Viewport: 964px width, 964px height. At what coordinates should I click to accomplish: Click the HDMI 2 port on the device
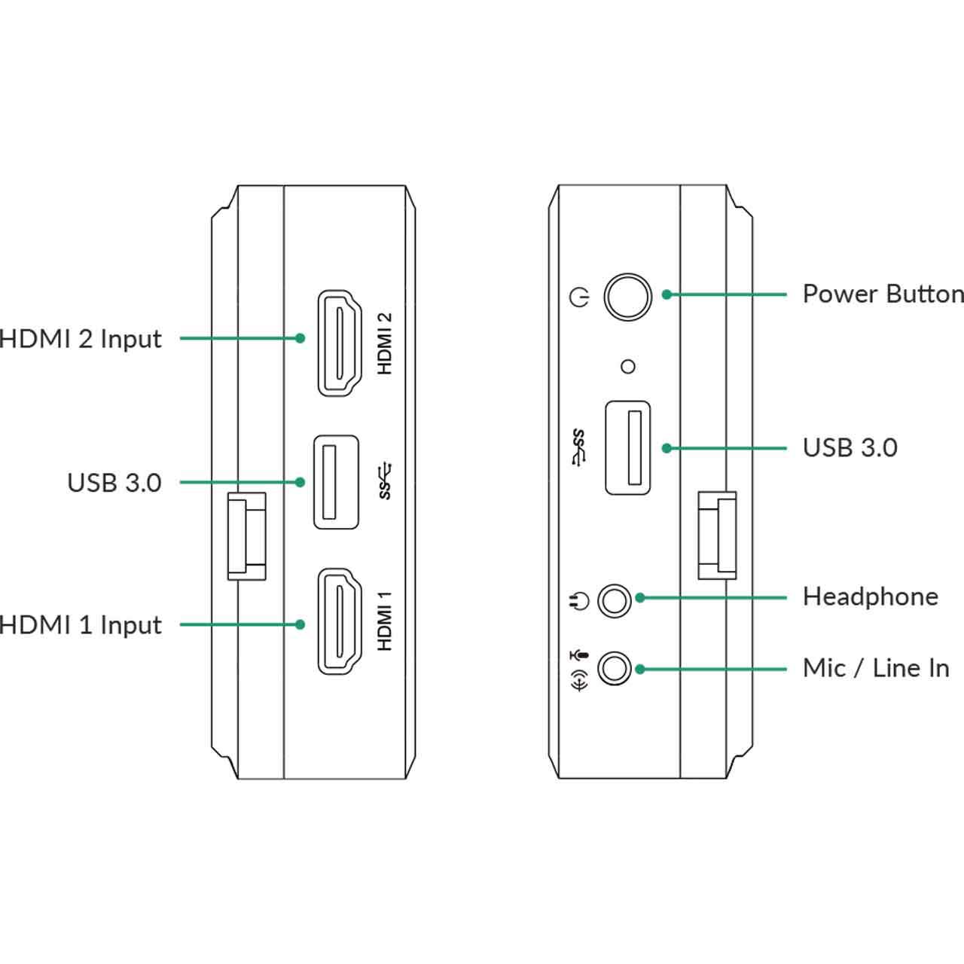[340, 343]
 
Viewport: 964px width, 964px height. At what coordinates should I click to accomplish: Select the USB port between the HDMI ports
[336, 482]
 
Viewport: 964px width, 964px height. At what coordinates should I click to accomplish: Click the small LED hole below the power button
[628, 367]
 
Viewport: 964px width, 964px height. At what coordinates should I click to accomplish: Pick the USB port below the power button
[628, 448]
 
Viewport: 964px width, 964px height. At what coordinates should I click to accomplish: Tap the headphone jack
[615, 600]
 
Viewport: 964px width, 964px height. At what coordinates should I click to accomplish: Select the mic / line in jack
[615, 668]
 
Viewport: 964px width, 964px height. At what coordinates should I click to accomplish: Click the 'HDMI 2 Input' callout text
[80, 340]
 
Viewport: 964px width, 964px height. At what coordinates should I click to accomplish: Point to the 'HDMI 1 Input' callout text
[80, 625]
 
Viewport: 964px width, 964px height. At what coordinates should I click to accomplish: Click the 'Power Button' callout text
[883, 294]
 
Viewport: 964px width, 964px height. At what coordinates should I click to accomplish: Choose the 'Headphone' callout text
[871, 596]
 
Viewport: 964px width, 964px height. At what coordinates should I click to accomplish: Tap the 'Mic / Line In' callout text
[876, 668]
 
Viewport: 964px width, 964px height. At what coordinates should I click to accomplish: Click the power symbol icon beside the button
[579, 297]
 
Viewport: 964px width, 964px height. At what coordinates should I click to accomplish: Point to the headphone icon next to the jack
[579, 601]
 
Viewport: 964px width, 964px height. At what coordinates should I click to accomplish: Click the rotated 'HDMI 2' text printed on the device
[385, 343]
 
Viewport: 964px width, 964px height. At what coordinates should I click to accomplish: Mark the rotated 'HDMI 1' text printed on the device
[385, 621]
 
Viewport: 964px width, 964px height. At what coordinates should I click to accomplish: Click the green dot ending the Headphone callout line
[640, 598]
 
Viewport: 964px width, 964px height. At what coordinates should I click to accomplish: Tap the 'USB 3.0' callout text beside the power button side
[850, 447]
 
